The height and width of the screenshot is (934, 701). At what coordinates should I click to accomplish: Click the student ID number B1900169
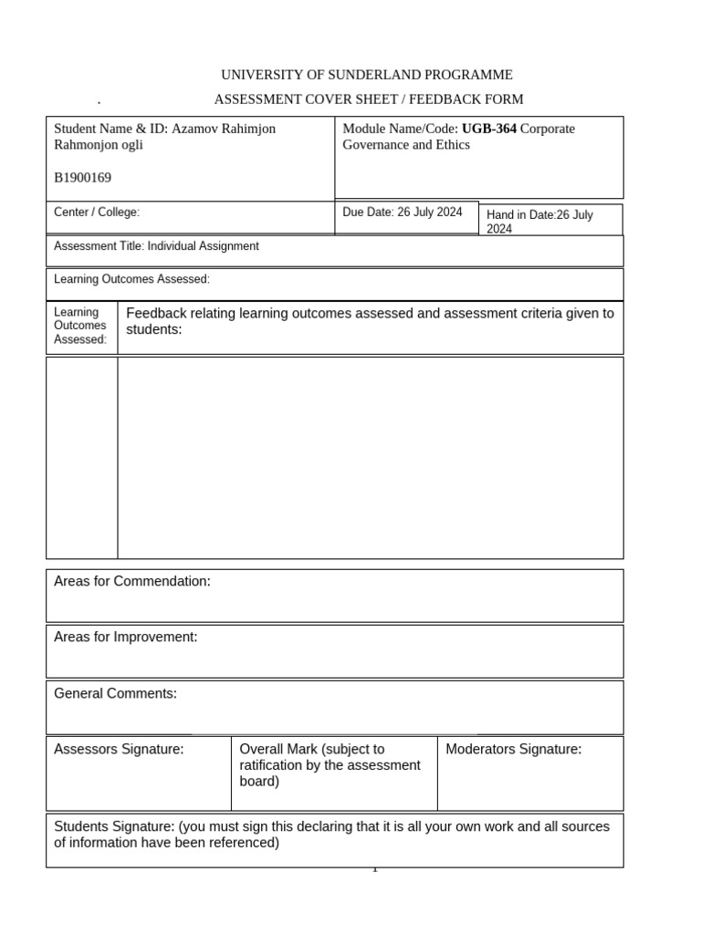tap(82, 178)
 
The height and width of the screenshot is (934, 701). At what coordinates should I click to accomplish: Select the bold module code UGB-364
tap(489, 129)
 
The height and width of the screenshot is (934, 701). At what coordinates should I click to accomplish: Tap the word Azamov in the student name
tap(192, 129)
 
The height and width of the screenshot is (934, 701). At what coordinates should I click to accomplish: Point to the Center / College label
tap(97, 213)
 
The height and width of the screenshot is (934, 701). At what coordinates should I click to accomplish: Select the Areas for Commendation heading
tap(132, 581)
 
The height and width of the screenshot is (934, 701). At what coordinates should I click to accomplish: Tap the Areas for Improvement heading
tap(126, 637)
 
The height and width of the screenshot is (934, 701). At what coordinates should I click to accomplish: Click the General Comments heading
tap(115, 693)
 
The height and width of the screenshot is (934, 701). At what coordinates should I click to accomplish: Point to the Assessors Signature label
tap(119, 749)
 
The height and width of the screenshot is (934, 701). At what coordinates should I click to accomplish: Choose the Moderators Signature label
tap(513, 749)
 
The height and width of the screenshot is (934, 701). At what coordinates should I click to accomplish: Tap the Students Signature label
tap(114, 826)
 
